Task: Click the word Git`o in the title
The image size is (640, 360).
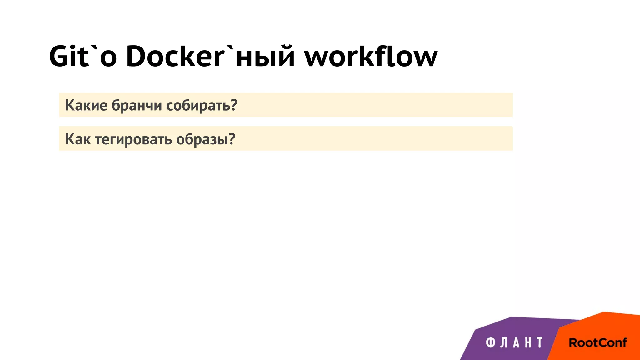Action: tap(83, 56)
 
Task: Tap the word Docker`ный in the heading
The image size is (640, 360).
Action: tap(210, 56)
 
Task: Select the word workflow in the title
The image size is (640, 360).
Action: tap(371, 56)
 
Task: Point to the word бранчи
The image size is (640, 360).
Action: tap(137, 105)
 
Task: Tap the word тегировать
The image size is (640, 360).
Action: tap(133, 139)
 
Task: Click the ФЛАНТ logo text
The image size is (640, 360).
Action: tap(514, 342)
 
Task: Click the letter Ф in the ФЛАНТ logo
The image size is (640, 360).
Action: tap(491, 342)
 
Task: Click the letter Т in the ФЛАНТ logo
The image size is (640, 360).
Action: tap(539, 342)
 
